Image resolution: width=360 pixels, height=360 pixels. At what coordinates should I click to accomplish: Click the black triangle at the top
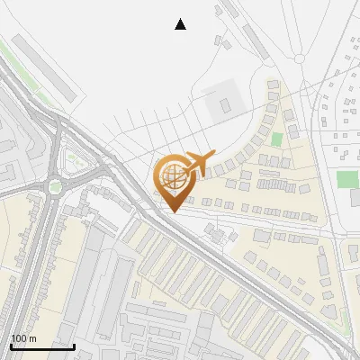tap(180, 24)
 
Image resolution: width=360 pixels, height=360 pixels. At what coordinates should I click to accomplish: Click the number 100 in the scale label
tap(19, 338)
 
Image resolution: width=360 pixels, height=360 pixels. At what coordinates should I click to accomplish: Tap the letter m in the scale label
tap(31, 338)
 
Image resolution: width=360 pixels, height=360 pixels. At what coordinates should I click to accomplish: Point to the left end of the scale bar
tap(11, 346)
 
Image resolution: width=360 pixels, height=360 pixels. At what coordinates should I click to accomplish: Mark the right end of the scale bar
tap(74, 346)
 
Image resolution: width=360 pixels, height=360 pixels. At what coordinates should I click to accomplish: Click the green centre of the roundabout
tap(56, 186)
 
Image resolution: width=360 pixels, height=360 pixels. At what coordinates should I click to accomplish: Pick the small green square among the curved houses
tap(277, 139)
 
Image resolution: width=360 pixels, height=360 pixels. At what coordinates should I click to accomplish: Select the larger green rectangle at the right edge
tap(347, 178)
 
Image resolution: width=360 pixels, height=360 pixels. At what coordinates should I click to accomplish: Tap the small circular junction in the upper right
tap(300, 58)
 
